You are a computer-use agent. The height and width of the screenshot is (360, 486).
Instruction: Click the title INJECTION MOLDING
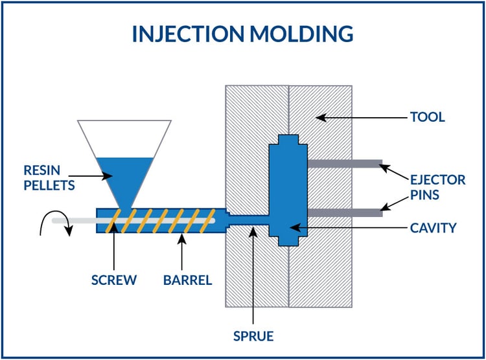tap(242, 34)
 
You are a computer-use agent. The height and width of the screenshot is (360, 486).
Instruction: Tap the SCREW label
tap(113, 280)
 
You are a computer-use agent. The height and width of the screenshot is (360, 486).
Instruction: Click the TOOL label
tap(427, 117)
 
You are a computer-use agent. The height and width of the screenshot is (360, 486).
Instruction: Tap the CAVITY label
tap(433, 228)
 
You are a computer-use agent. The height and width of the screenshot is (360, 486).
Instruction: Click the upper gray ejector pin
tap(344, 164)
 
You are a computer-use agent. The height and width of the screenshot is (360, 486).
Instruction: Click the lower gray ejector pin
tap(344, 212)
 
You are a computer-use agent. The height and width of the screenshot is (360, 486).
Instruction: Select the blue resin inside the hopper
tap(124, 175)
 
